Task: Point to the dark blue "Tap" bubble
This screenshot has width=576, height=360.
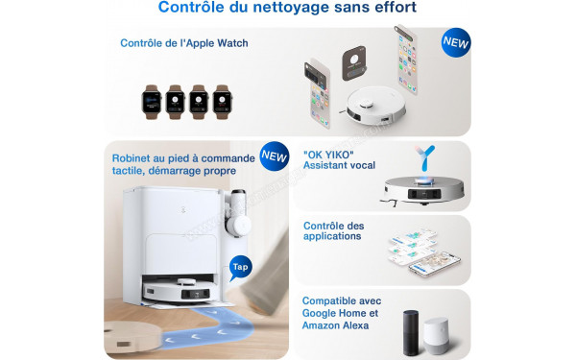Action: tap(240, 266)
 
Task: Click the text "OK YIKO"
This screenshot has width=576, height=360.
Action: tap(327, 154)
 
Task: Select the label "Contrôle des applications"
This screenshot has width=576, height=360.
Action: tap(333, 230)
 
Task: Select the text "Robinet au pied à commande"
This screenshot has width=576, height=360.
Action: tap(181, 157)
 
